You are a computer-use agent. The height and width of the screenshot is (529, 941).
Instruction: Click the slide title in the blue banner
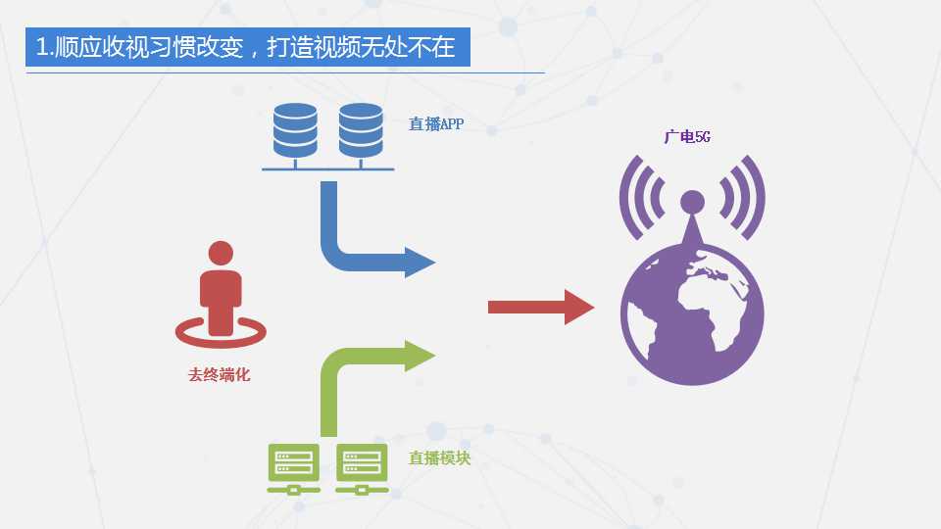(x=245, y=47)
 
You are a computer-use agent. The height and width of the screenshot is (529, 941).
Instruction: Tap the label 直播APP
(x=436, y=124)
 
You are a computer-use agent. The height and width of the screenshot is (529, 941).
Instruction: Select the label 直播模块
(x=439, y=458)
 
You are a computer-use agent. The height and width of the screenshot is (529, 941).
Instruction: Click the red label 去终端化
(x=219, y=375)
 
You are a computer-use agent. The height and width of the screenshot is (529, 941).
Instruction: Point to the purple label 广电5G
(x=687, y=137)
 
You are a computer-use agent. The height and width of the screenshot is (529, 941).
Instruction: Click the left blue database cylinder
(x=295, y=130)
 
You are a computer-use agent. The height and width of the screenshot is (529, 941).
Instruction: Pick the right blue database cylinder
(x=361, y=130)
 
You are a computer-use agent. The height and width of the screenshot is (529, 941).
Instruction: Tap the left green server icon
(x=293, y=468)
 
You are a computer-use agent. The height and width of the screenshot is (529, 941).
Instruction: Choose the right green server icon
(x=362, y=468)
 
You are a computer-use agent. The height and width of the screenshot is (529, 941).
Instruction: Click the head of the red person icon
(x=221, y=253)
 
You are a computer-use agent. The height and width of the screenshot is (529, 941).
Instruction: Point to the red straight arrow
(x=541, y=307)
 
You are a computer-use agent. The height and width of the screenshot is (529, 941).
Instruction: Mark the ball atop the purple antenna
(x=693, y=202)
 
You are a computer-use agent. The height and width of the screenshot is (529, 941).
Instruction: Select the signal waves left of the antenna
(x=639, y=198)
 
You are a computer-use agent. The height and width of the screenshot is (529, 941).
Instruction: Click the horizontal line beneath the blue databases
(x=327, y=169)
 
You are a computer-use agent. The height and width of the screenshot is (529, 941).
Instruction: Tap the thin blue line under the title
(x=285, y=73)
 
